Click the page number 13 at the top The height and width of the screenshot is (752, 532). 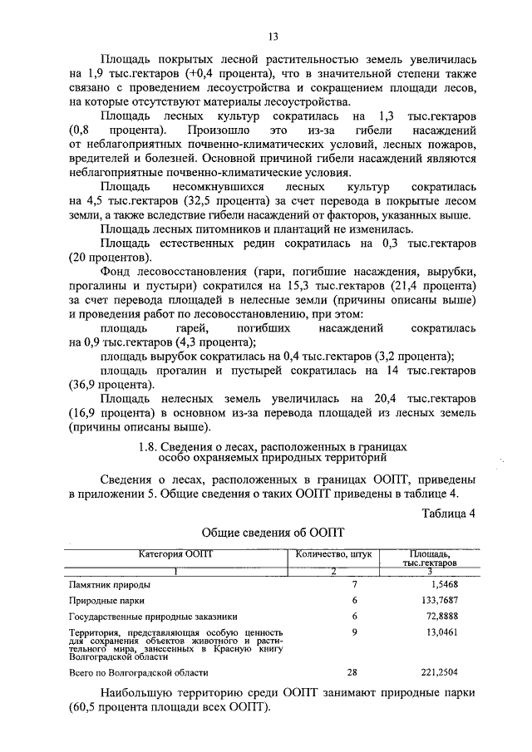click(x=273, y=36)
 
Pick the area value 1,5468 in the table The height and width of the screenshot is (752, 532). click(x=461, y=585)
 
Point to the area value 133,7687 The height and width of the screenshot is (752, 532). click(x=456, y=600)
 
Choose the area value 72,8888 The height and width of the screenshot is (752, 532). click(x=459, y=617)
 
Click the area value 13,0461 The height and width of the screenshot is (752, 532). click(x=459, y=632)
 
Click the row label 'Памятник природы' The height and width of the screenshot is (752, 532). click(x=108, y=585)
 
